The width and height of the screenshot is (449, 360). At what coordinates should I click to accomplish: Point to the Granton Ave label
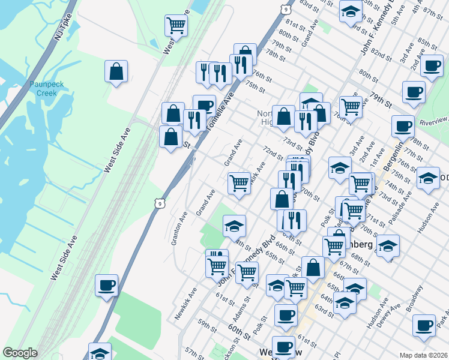(179, 229)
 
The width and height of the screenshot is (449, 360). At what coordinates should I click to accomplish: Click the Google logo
(20, 352)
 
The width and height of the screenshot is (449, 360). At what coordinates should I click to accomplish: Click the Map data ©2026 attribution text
(424, 355)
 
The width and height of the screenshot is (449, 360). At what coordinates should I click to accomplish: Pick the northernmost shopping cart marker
(176, 25)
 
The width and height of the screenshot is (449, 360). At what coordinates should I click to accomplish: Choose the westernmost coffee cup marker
(107, 285)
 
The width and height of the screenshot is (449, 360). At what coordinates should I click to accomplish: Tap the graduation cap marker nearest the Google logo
(100, 352)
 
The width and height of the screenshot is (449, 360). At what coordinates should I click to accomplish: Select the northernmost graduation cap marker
(350, 12)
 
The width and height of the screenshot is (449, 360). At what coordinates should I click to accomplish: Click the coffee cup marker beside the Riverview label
(403, 126)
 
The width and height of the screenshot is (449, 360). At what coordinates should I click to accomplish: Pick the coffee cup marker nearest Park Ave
(424, 325)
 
